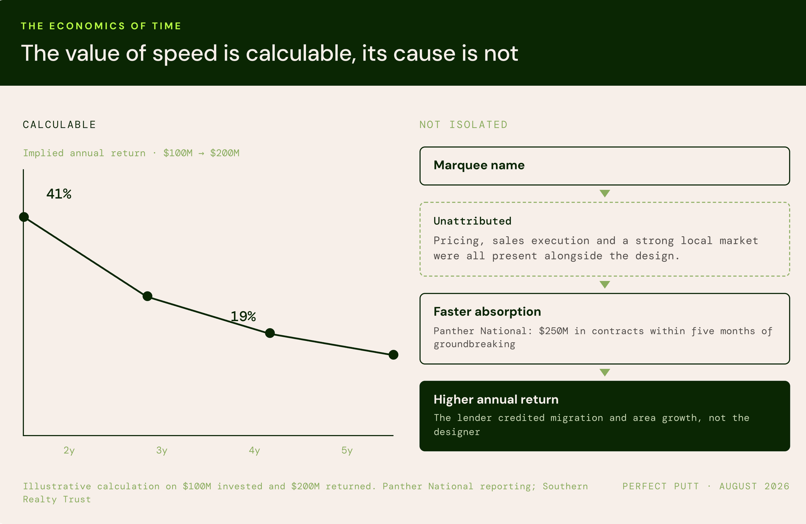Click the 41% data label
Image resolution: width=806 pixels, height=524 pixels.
[x=59, y=194]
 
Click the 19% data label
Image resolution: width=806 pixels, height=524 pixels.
[x=243, y=317]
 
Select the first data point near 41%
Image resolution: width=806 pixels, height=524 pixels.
[x=24, y=217]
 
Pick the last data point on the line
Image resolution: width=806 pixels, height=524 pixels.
[x=393, y=355]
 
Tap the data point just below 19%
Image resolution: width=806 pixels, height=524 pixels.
[x=270, y=333]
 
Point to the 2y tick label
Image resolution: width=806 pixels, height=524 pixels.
[x=69, y=450]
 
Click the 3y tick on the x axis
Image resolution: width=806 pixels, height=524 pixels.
[x=162, y=450]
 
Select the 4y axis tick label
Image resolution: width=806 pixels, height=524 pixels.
[x=255, y=450]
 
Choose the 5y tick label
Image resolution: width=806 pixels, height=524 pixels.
[x=347, y=450]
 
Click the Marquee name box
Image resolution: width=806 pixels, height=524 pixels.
[x=605, y=166]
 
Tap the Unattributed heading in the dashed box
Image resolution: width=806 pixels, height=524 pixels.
[x=472, y=221]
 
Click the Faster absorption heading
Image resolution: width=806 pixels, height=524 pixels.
[x=487, y=312]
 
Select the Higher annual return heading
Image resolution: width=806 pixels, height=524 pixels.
[x=496, y=399]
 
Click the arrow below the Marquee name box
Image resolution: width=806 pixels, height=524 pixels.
[x=605, y=193]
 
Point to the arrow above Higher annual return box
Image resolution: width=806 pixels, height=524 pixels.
[x=605, y=372]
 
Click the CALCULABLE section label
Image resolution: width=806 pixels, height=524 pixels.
[x=59, y=125]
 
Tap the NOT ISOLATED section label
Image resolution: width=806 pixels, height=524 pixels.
[x=463, y=125]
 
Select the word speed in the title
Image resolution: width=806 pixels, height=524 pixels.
[x=185, y=54]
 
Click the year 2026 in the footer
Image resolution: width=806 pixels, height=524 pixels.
[x=777, y=486]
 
